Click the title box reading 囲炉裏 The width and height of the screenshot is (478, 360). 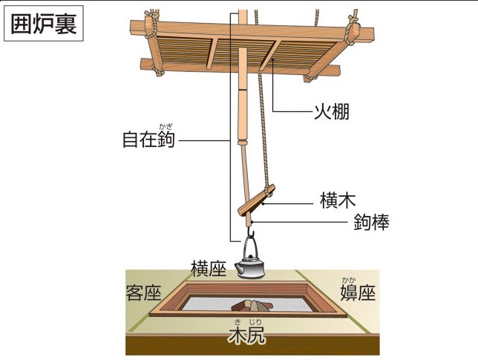[x=44, y=24]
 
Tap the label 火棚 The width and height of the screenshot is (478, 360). [x=332, y=111]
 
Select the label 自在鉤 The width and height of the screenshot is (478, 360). [x=148, y=140]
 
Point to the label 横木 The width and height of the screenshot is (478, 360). [x=338, y=200]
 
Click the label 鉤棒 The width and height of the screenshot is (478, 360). [x=371, y=222]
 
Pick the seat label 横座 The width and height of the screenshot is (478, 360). [x=209, y=269]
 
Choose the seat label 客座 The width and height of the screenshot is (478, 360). [x=143, y=293]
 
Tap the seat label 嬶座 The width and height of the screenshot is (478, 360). [x=358, y=292]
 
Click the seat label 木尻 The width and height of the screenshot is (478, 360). [x=246, y=336]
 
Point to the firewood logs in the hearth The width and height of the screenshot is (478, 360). [x=251, y=305]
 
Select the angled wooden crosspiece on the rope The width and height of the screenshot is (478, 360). [x=256, y=200]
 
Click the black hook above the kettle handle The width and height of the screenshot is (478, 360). [x=251, y=232]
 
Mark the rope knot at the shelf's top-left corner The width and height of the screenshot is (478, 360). [x=151, y=24]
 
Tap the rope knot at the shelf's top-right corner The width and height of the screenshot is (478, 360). [x=352, y=30]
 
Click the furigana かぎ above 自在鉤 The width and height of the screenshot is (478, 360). [x=166, y=126]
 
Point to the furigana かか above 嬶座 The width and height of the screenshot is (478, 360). [x=349, y=279]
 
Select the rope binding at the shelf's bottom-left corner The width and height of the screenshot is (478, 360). [x=157, y=71]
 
